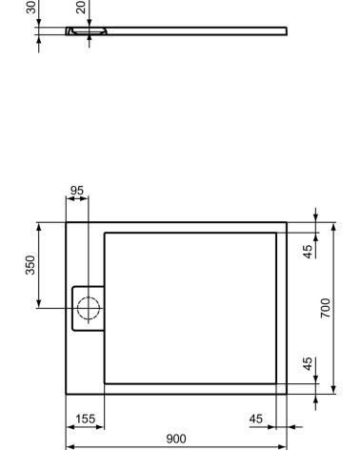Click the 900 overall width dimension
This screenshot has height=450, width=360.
click(175, 438)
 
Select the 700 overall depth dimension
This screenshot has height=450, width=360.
click(325, 307)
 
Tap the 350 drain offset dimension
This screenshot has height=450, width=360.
click(30, 264)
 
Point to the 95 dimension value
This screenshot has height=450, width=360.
click(77, 191)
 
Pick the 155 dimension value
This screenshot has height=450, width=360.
click(84, 418)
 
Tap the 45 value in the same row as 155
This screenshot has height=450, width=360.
click(256, 418)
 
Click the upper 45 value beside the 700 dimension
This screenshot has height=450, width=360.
click(307, 253)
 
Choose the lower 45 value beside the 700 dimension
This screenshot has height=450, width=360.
click(307, 363)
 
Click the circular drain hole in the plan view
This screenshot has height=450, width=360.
click(88, 307)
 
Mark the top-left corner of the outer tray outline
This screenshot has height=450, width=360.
click(66, 223)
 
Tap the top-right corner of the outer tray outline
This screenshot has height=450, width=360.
click(287, 223)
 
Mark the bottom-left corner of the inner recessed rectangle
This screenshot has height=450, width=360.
click(103, 382)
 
